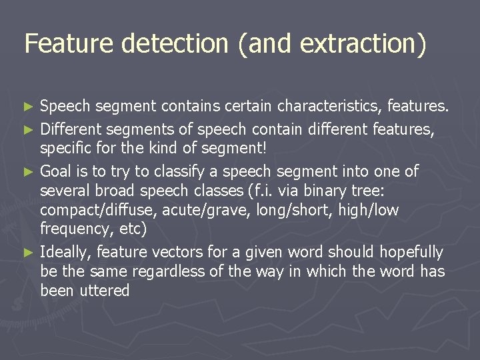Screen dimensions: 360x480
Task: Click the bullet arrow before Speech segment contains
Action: pos(27,107)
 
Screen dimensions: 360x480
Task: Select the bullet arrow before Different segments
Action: pos(27,127)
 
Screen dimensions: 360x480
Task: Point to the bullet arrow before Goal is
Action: pos(27,172)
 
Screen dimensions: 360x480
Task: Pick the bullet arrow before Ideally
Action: pos(27,253)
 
